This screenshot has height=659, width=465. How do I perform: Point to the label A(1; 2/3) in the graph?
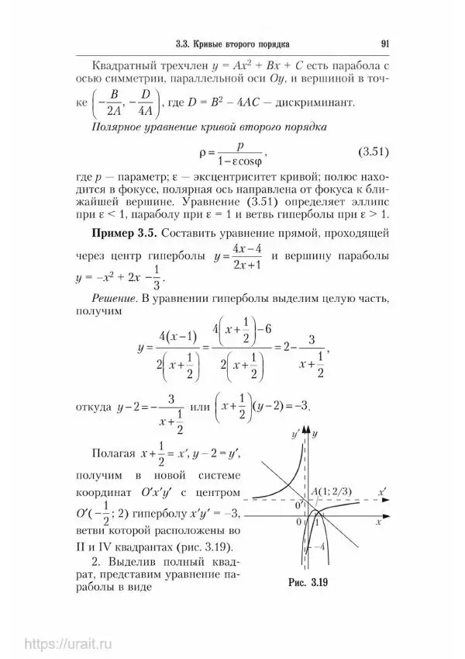tap(336, 491)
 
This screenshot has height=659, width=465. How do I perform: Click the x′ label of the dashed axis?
tap(382, 491)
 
